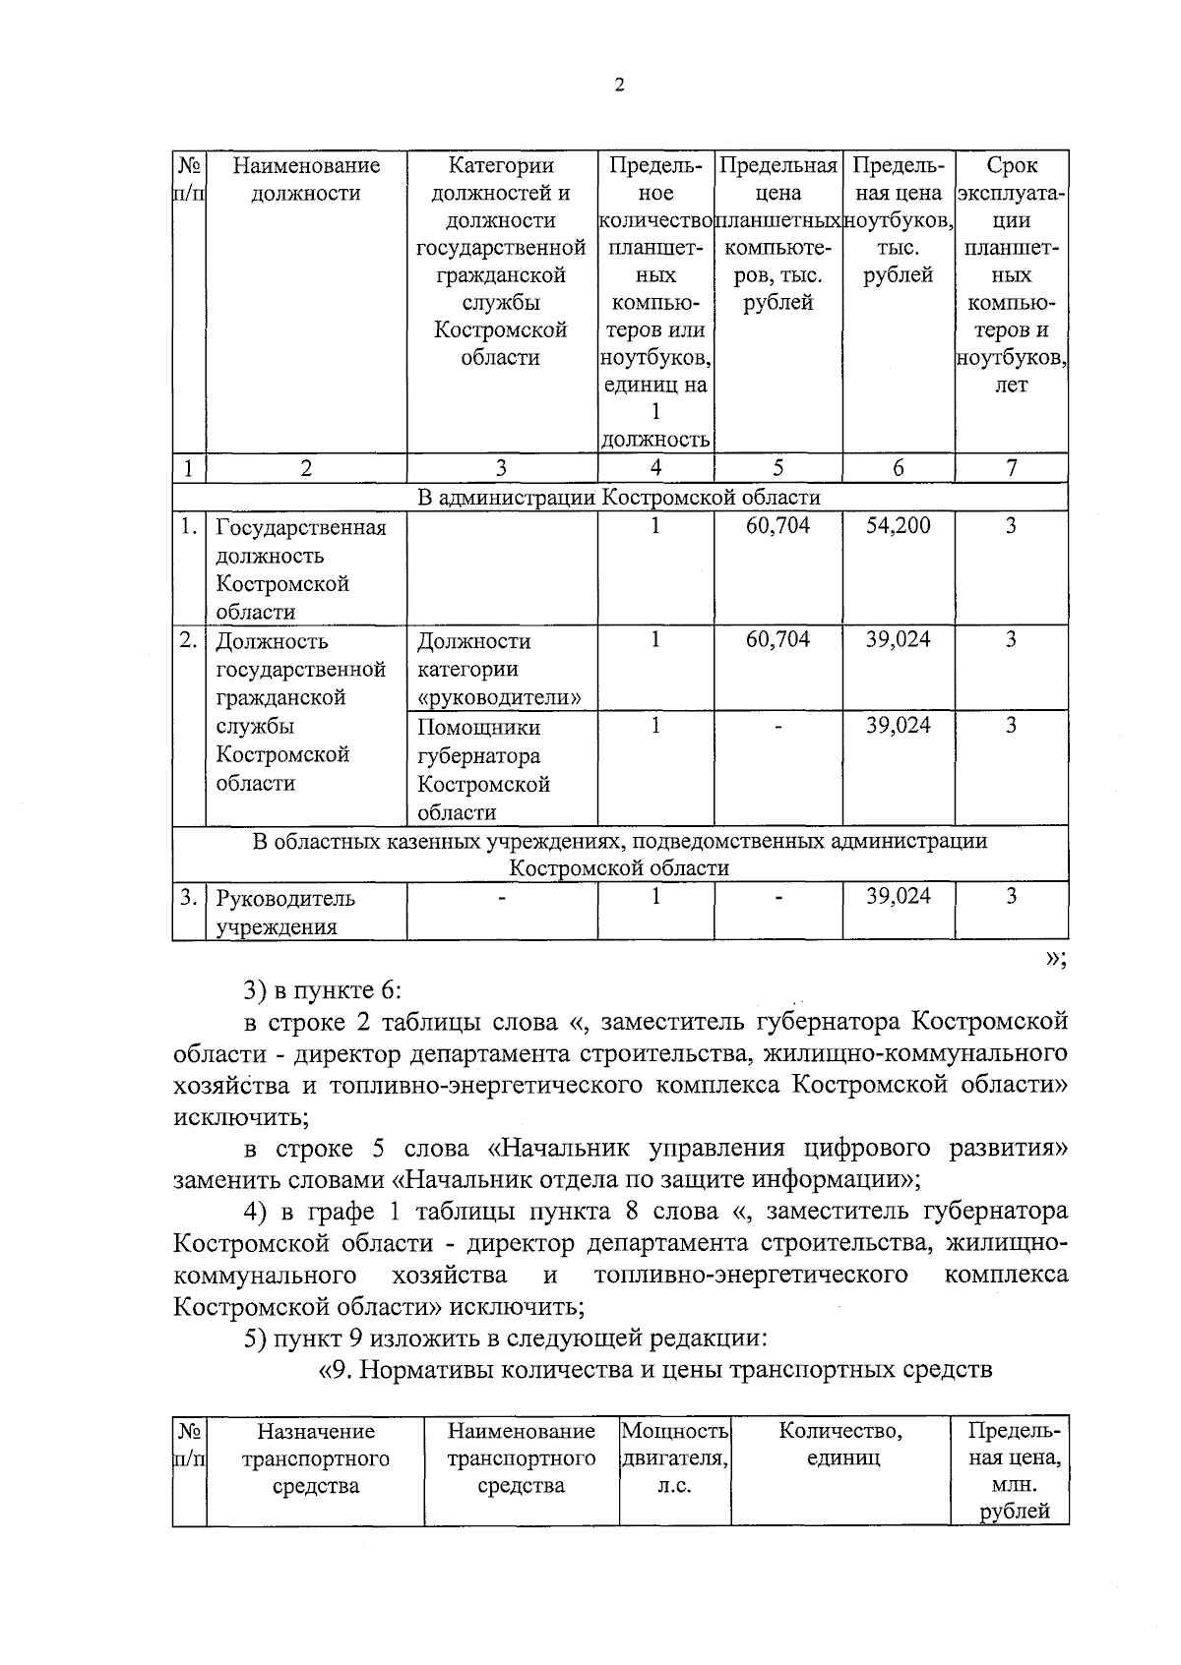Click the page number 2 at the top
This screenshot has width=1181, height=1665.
point(619,86)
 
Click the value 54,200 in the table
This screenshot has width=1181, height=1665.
point(898,526)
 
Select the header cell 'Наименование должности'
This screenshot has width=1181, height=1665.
point(306,180)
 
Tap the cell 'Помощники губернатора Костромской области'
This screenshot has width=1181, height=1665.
point(483,770)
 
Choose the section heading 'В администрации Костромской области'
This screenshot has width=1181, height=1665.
point(619,498)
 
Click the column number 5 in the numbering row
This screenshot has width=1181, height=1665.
point(777,468)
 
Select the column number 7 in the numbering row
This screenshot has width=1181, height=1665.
point(1011,468)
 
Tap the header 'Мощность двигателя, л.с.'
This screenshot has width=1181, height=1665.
point(675,1458)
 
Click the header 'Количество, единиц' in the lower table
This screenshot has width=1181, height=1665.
point(840,1445)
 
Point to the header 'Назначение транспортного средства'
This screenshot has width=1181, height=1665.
point(315,1458)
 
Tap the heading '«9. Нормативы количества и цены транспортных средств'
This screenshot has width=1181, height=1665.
point(656,1370)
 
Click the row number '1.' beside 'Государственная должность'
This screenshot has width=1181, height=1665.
point(189,527)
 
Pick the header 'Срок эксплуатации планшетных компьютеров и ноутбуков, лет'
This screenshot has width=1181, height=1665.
point(1011,275)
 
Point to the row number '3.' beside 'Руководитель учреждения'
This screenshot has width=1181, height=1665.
point(189,898)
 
